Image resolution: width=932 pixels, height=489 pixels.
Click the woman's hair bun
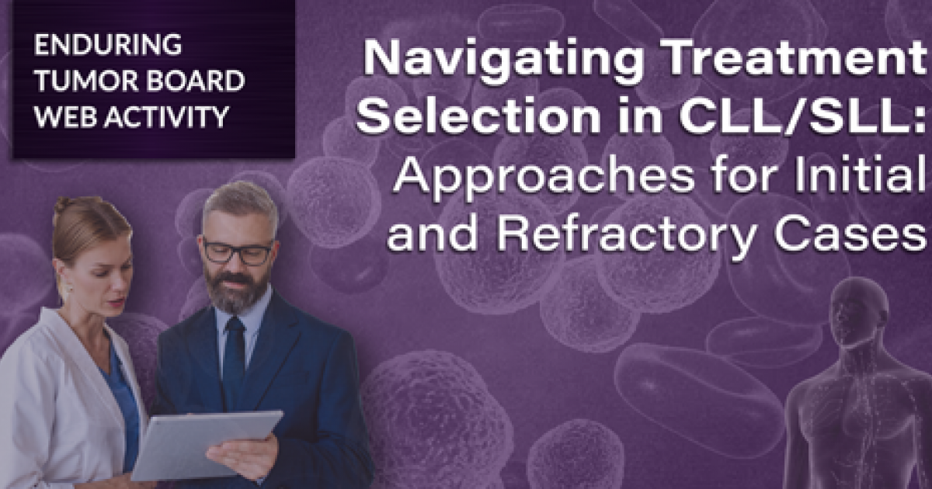(63, 206)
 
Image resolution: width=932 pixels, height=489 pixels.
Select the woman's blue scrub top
(124, 396)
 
